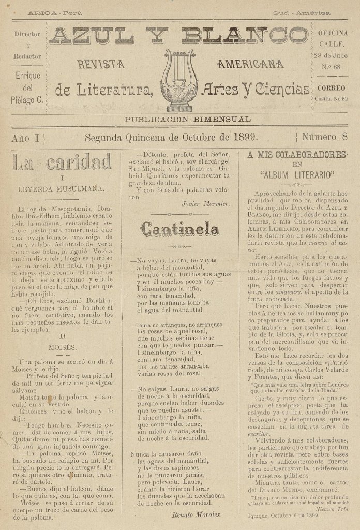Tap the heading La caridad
62,163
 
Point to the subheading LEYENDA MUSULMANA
62,189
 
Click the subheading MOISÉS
62,347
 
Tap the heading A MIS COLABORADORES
296,155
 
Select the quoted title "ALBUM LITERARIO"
297,174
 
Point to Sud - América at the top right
302,12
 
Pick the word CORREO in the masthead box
332,88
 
